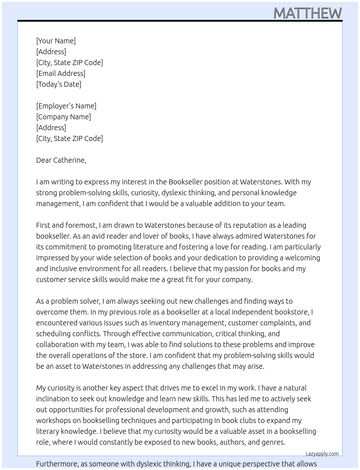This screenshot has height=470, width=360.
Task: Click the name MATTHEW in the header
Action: pyautogui.click(x=307, y=13)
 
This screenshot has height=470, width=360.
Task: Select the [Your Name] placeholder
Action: pyautogui.click(x=56, y=41)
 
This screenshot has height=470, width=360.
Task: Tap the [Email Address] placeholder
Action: pyautogui.click(x=61, y=73)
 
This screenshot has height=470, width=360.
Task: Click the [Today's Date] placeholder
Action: pyautogui.click(x=59, y=84)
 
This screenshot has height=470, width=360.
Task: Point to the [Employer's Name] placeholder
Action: pyautogui.click(x=66, y=106)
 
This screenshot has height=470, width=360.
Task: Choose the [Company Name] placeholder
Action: pyautogui.click(x=64, y=117)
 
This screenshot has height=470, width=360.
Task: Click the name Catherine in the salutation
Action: pyautogui.click(x=69, y=160)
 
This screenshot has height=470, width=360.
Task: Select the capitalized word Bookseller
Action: pyautogui.click(x=185, y=182)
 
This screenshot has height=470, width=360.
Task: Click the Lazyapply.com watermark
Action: pyautogui.click(x=322, y=454)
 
